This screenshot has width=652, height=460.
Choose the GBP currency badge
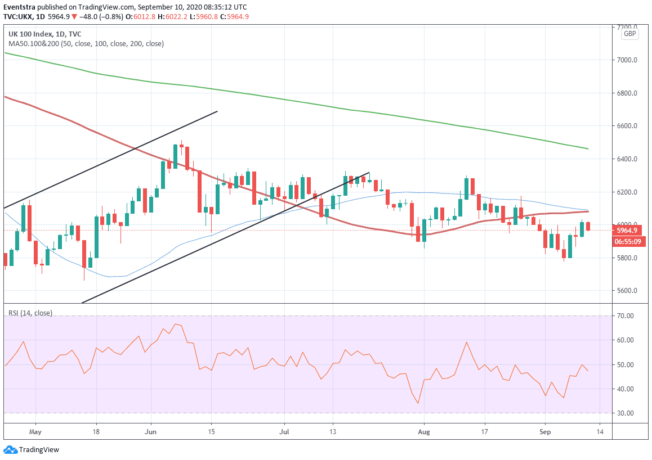pyautogui.click(x=629, y=34)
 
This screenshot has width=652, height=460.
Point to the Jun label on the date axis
pyautogui.click(x=151, y=432)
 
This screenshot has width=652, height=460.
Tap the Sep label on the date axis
pyautogui.click(x=545, y=432)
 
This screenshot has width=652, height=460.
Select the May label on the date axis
pyautogui.click(x=35, y=432)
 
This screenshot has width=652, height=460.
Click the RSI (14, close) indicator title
pyautogui.click(x=30, y=313)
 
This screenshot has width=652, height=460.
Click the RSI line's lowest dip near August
pyautogui.click(x=418, y=403)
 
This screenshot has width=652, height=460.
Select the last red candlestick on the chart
pyautogui.click(x=587, y=226)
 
